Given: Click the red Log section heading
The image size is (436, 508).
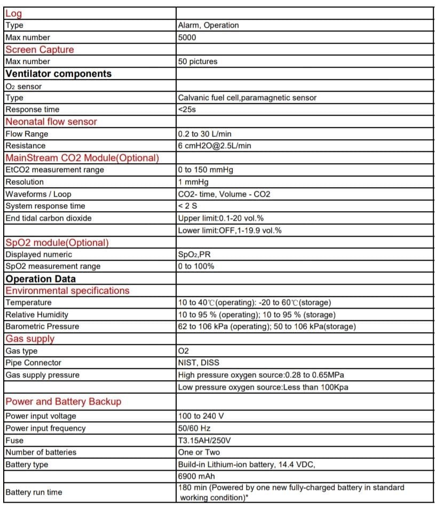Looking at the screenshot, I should coord(13,14).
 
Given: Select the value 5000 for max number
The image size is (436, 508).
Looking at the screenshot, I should coord(187,37).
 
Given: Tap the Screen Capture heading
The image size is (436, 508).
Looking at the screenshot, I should coord(39,50).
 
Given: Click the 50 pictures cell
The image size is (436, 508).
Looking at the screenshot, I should coord(198,61).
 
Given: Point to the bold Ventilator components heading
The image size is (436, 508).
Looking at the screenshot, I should coord(59,74).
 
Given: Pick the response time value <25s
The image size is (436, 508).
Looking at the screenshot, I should coord(188,109).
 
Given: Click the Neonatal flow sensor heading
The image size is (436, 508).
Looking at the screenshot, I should coord(51,122).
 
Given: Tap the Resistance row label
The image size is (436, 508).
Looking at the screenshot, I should coord(26,146).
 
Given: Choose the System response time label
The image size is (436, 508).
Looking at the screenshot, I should coord(45,206).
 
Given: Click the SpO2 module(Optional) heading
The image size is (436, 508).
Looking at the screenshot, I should coord(57,243).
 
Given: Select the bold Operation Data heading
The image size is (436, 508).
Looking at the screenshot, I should coord(41,279).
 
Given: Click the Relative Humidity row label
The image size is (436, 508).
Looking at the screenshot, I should coord(37,315).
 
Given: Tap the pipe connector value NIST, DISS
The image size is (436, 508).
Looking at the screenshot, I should coord(199,362).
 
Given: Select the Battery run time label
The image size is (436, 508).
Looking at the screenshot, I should coord(34,492).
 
